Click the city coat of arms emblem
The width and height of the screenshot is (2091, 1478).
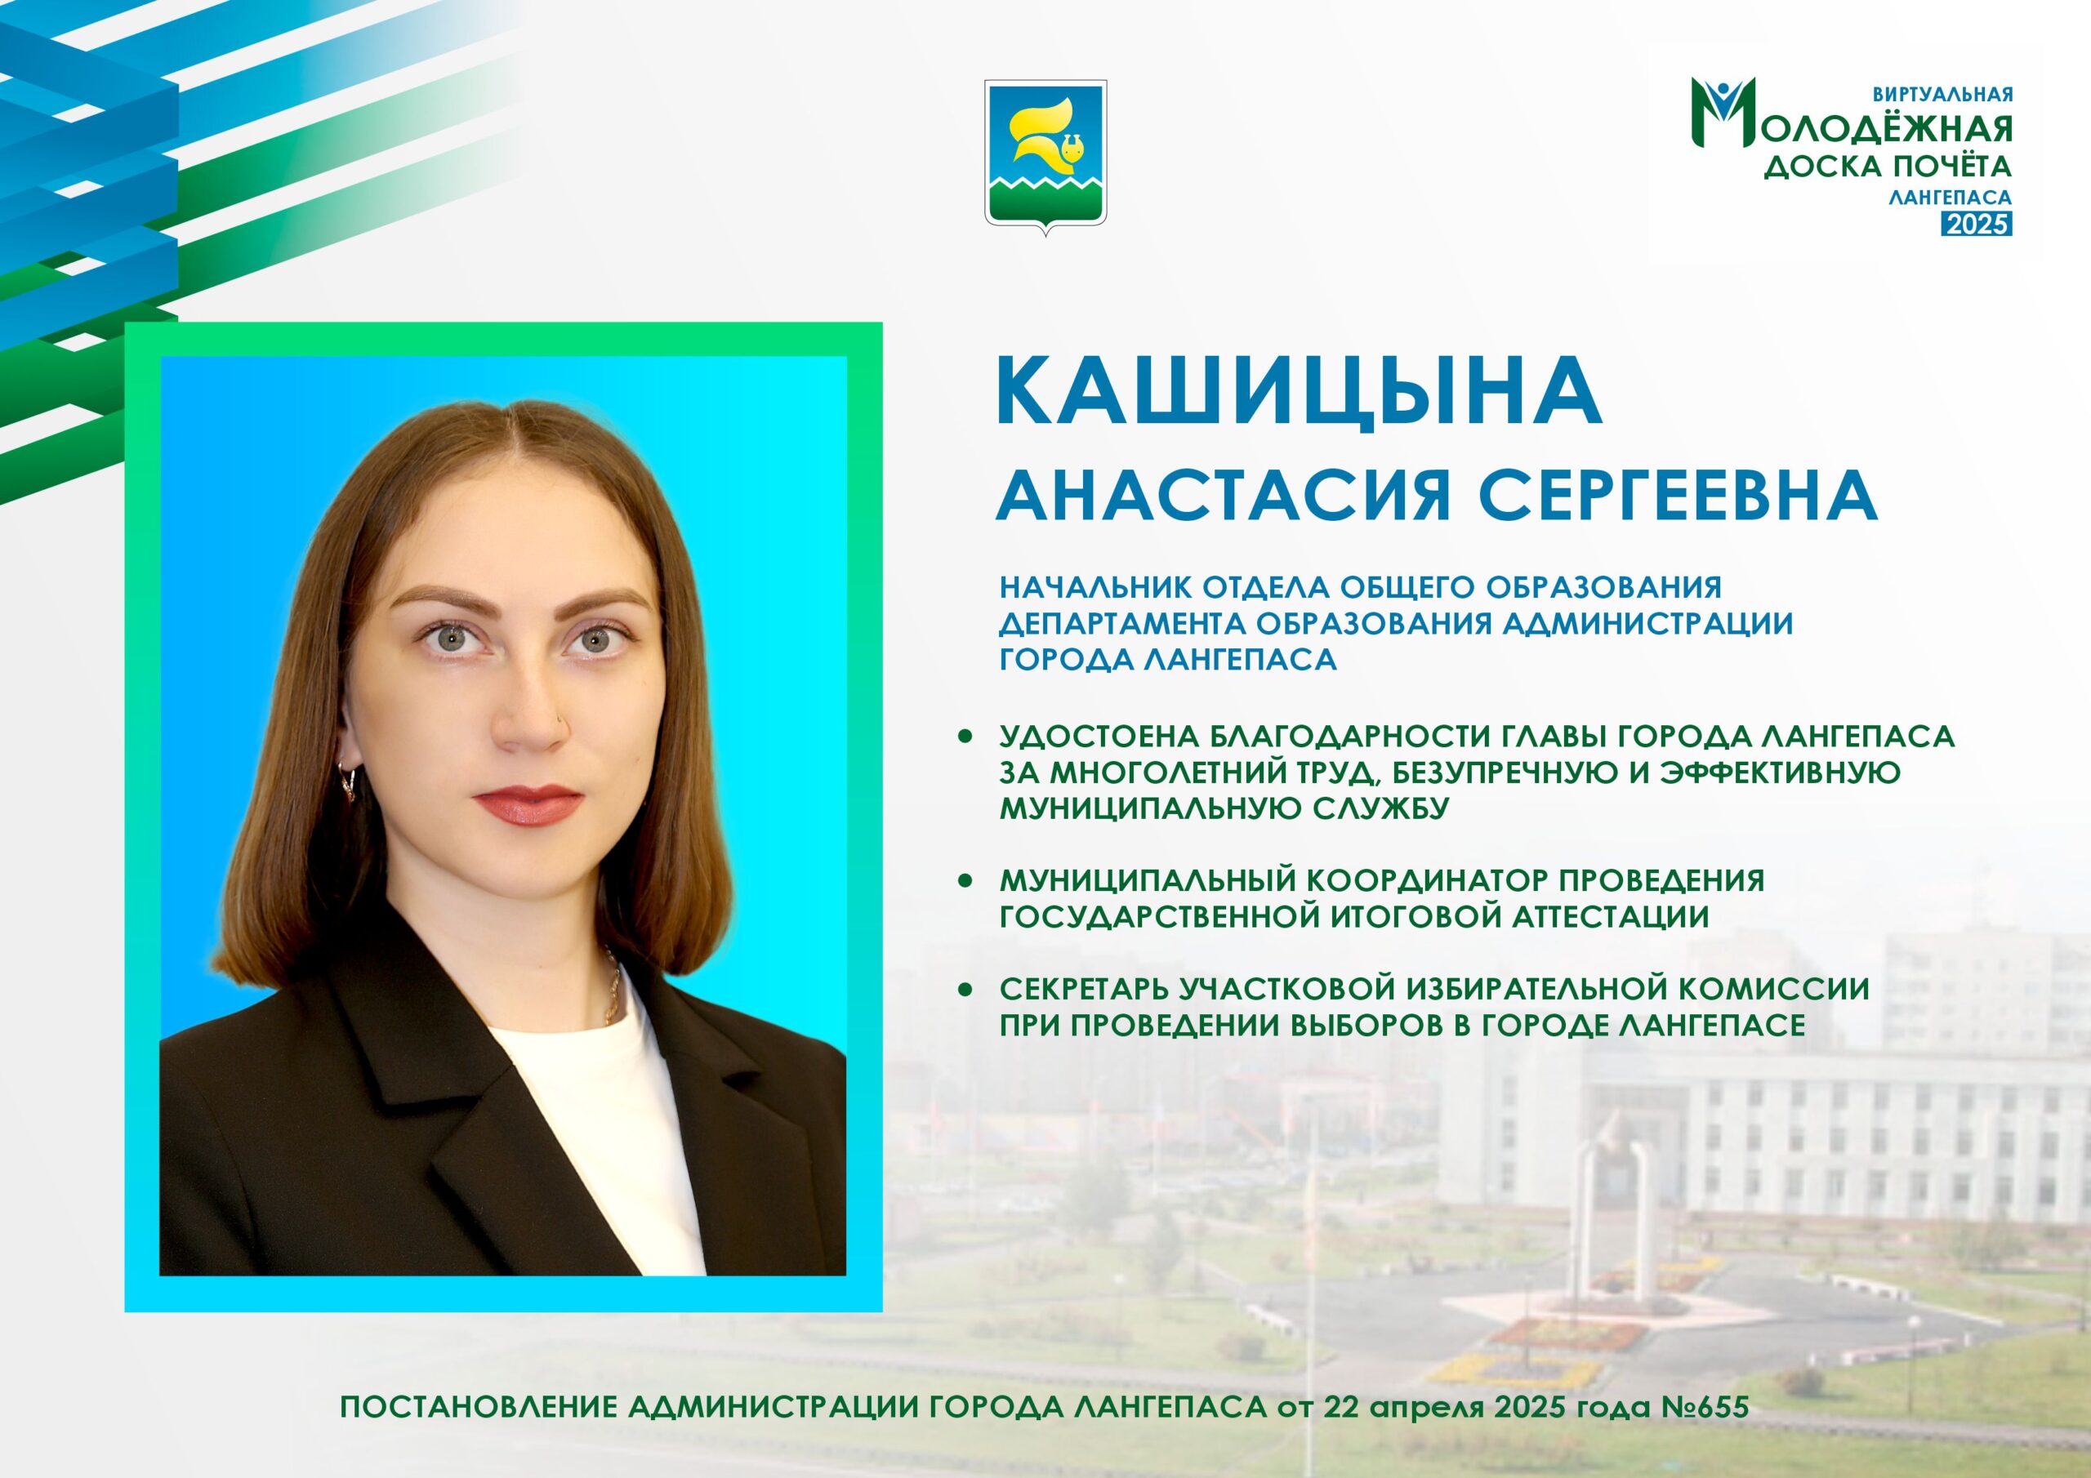1045,158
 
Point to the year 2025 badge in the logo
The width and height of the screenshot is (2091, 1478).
1977,224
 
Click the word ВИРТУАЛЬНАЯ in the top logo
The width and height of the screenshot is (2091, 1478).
1942,94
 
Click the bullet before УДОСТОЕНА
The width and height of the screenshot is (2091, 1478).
965,736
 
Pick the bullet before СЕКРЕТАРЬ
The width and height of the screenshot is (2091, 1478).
965,989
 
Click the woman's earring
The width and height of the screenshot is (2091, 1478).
349,781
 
